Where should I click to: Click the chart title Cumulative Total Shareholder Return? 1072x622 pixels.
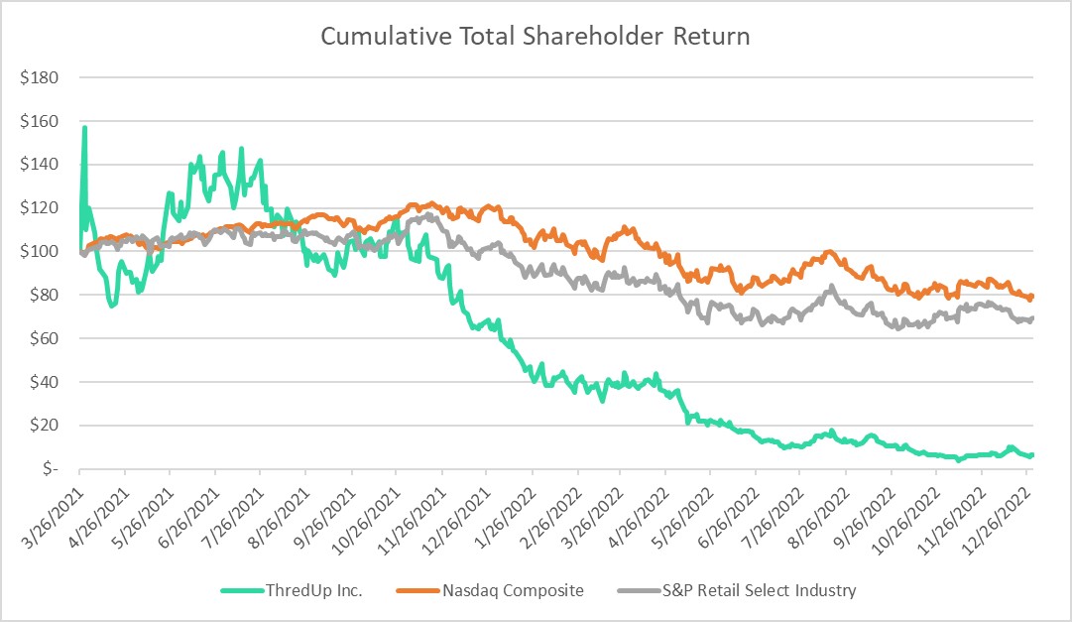(536, 38)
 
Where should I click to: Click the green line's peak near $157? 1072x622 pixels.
(85, 127)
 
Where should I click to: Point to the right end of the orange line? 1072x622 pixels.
(1033, 296)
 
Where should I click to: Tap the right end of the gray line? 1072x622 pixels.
(1033, 318)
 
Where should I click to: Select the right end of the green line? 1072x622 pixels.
(1033, 454)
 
